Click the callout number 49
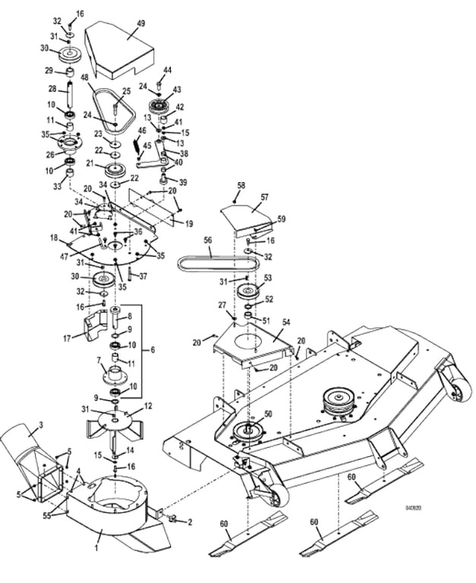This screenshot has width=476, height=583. [140, 24]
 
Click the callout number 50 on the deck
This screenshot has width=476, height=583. [268, 414]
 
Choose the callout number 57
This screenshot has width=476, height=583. [265, 197]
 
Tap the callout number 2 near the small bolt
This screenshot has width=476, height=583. [189, 523]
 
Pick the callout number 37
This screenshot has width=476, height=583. [142, 276]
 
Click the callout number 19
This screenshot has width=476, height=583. [189, 224]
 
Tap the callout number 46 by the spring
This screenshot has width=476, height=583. [142, 131]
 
